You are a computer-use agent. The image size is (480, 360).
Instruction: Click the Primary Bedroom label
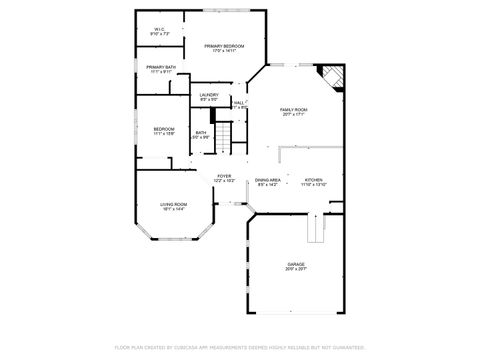224,47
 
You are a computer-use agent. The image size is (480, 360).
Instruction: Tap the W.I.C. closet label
159,29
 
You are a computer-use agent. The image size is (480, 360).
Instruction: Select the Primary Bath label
161,67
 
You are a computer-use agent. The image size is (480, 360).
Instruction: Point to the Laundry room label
209,95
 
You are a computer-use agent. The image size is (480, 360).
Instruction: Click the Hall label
239,102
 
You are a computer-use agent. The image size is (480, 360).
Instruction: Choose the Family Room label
293,109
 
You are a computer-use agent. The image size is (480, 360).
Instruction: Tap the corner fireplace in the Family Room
332,79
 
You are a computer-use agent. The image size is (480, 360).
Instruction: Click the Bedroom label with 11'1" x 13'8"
164,129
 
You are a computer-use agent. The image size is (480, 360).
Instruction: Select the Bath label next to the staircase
201,133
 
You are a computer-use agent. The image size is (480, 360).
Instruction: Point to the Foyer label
224,176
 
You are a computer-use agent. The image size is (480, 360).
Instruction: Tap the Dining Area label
269,179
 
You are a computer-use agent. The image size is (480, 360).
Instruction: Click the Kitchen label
314,179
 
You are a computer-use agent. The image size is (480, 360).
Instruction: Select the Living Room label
174,205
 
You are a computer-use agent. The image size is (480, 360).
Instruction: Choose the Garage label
297,264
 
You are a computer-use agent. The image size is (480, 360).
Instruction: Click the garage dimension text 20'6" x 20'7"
297,269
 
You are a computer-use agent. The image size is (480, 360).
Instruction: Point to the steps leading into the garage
317,230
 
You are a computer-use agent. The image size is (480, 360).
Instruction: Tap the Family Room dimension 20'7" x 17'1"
293,114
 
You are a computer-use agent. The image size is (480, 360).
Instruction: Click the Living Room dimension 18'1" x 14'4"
174,210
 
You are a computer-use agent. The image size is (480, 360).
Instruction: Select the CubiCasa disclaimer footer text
240,347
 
